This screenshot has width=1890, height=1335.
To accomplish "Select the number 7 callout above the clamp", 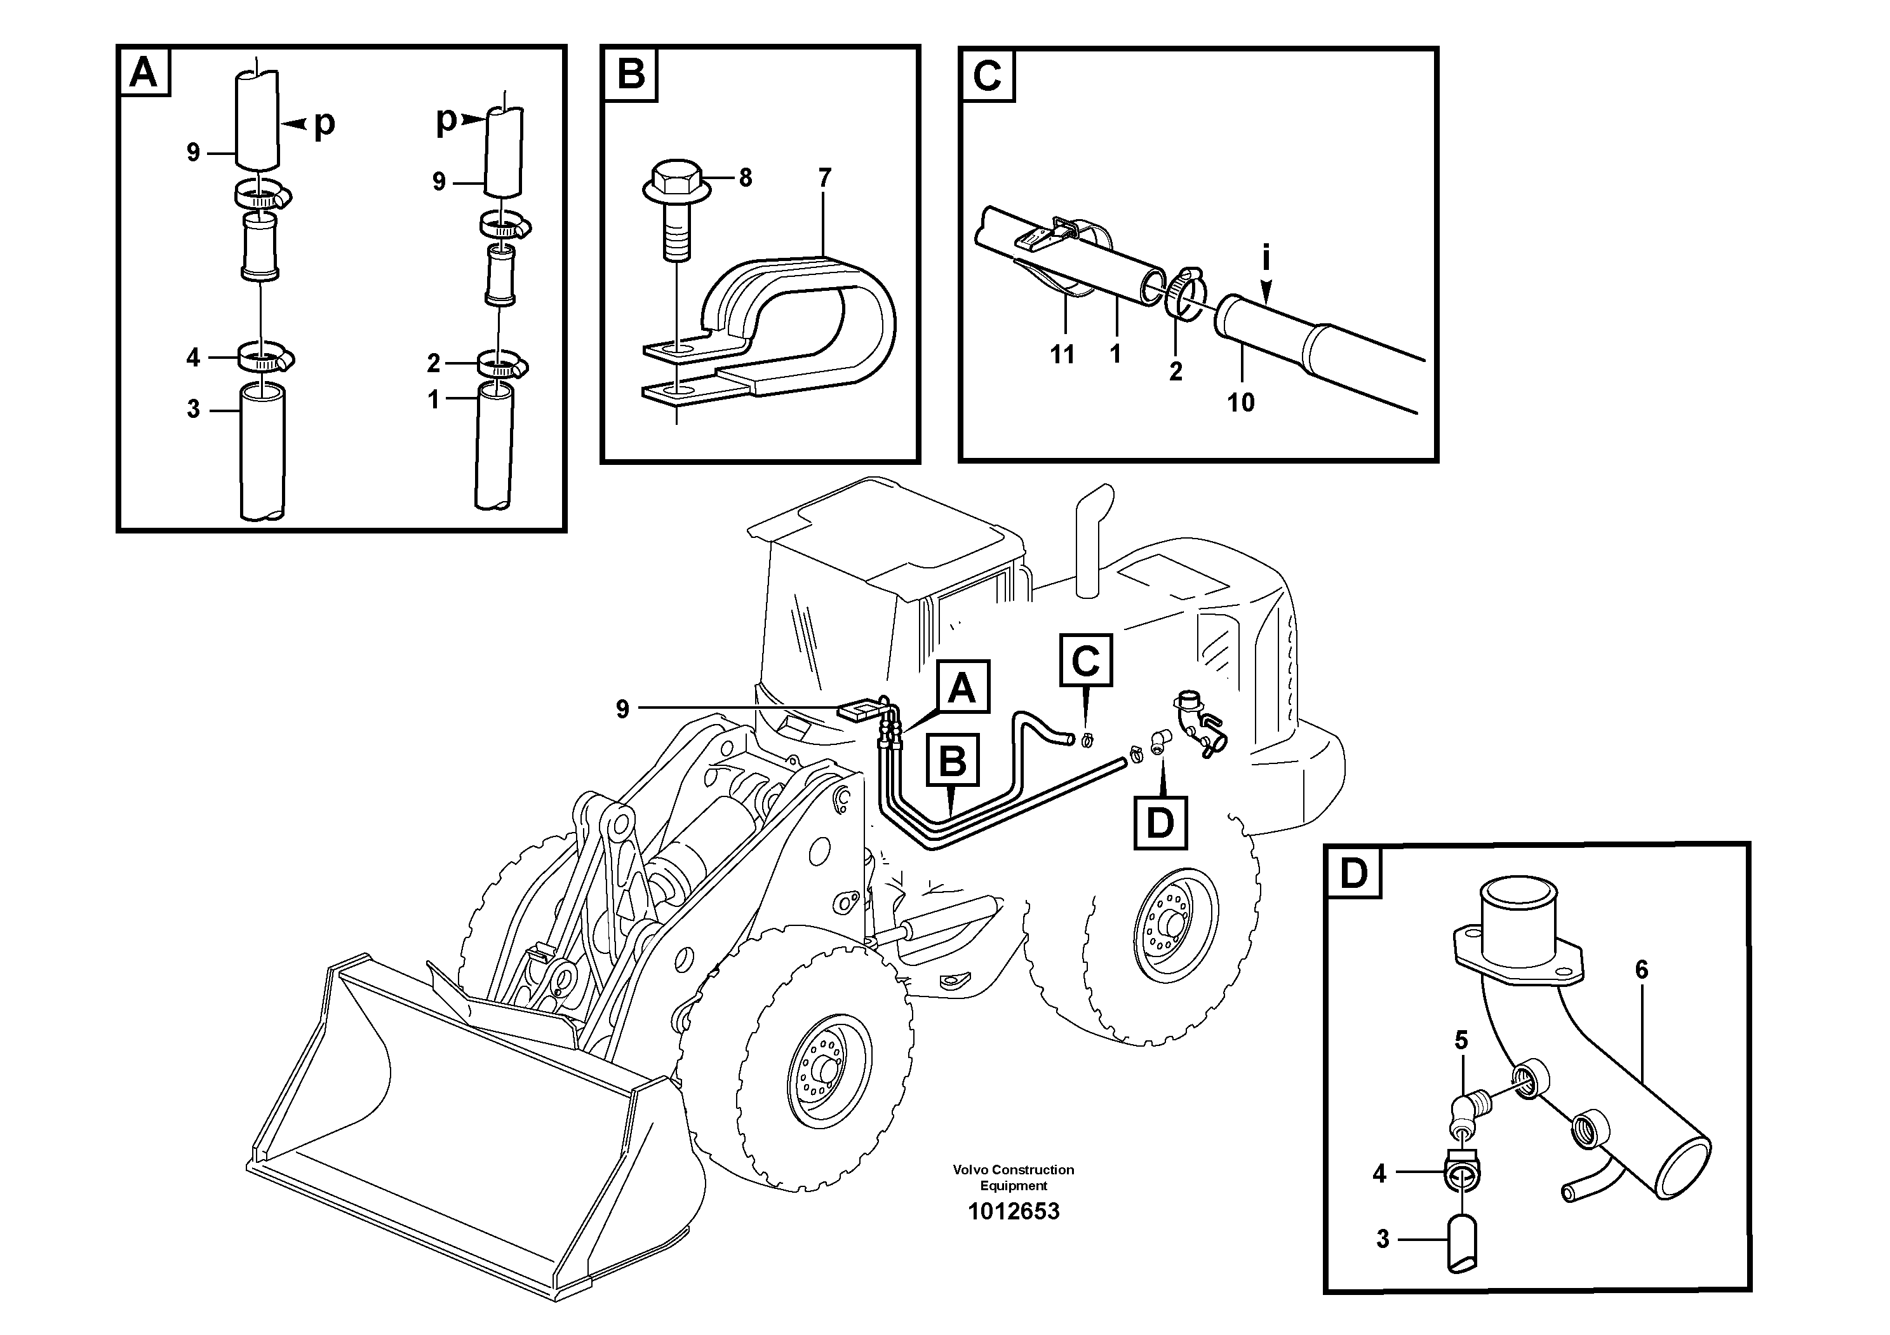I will tap(824, 177).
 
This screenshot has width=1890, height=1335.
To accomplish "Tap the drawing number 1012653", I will tap(1014, 1212).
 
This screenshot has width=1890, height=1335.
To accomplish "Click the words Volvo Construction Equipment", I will tap(1014, 1177).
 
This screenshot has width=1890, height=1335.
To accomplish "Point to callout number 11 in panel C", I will tap(1062, 355).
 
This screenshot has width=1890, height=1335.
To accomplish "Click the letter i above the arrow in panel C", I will tap(1266, 258).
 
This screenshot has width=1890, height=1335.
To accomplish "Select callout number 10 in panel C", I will tap(1240, 403).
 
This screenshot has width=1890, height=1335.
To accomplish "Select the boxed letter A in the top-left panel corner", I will tap(144, 72).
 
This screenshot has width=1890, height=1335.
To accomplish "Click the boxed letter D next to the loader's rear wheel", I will tap(1160, 822).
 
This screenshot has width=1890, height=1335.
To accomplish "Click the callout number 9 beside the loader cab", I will tap(622, 709).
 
